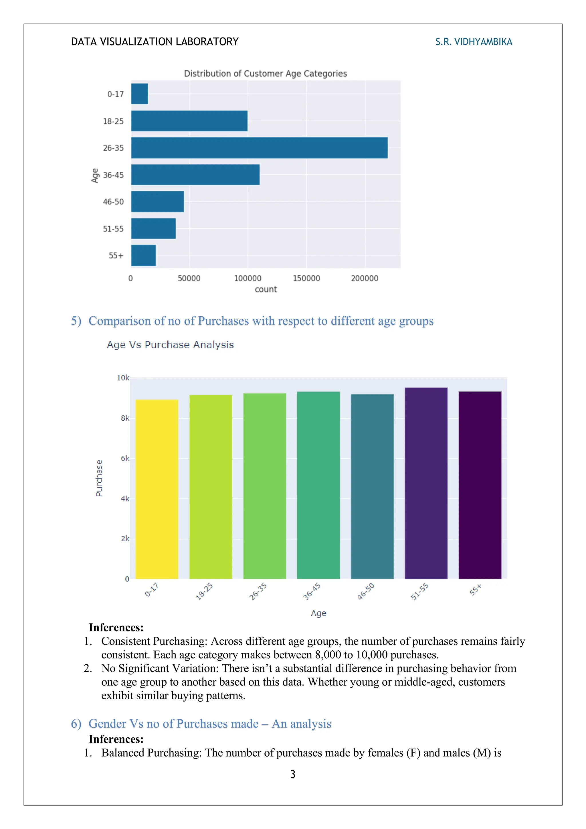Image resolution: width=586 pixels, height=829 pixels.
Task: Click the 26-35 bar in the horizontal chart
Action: [x=259, y=148]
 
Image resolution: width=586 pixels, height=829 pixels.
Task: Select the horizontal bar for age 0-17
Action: [x=139, y=94]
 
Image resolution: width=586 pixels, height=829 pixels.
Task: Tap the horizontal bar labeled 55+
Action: [x=143, y=255]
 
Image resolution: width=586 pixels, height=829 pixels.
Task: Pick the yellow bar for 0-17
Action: [x=157, y=489]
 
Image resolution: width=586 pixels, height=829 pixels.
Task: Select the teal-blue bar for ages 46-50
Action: [x=372, y=486]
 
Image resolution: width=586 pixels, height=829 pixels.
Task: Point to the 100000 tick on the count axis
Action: [x=248, y=278]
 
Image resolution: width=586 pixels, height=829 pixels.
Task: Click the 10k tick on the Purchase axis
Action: [x=123, y=378]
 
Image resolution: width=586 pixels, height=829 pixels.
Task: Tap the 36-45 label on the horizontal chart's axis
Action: [x=113, y=175]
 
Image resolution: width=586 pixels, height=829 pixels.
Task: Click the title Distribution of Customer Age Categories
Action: [x=265, y=74]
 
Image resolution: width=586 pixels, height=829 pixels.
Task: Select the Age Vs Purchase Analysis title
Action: [x=170, y=345]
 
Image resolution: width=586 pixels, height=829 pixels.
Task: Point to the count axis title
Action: [x=266, y=289]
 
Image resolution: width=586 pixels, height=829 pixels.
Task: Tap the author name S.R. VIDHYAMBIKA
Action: [x=474, y=42]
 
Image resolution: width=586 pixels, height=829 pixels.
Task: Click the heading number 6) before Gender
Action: [x=76, y=724]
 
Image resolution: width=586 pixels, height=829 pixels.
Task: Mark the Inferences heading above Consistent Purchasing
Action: [x=116, y=627]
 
